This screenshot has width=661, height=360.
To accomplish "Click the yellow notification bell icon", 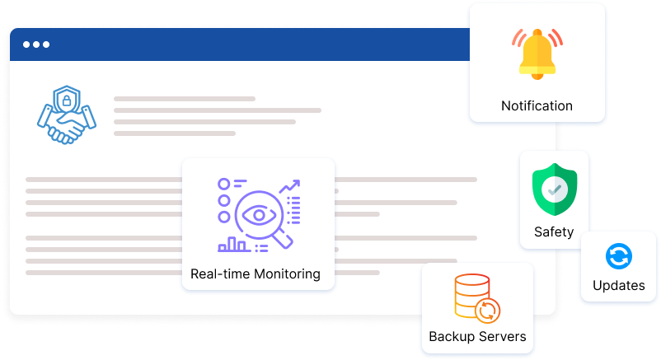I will click(537, 54).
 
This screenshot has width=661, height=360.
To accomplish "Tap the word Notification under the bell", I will click(537, 105).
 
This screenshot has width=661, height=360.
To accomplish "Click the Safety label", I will click(554, 231).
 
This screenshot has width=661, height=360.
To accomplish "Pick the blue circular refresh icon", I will click(617, 257).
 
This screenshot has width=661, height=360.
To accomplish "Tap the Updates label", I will click(618, 286).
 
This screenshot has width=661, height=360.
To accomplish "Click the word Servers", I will click(502, 336).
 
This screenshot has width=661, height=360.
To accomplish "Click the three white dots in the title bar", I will click(36, 44).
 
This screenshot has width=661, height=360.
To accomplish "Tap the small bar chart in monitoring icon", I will click(232, 244).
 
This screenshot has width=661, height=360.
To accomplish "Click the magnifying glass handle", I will click(285, 240).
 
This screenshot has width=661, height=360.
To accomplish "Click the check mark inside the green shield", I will click(554, 189).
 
